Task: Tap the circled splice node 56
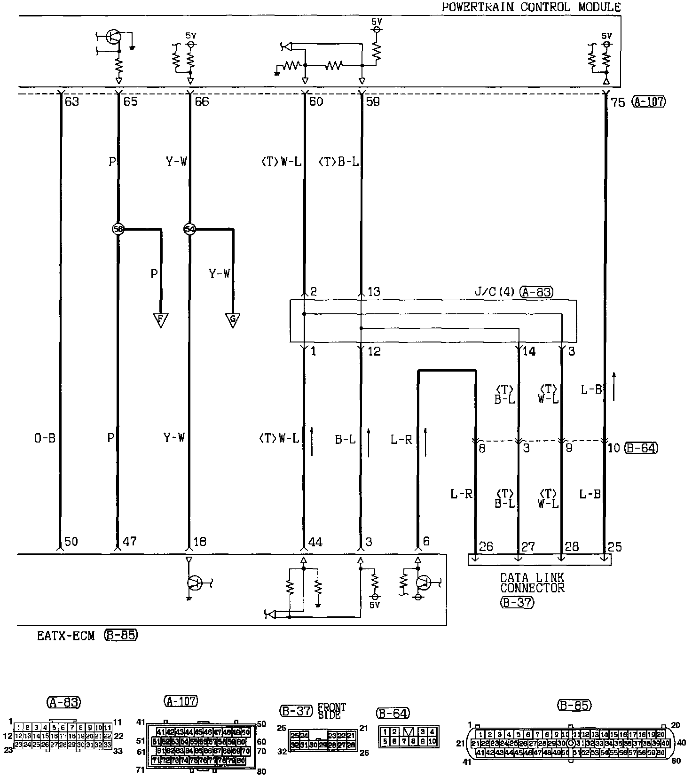pos(118,229)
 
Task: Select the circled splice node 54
pos(190,229)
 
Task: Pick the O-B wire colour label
pos(45,438)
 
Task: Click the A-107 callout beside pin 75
pos(649,101)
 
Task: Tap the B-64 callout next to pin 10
pos(641,448)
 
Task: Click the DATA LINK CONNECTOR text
pos(532,583)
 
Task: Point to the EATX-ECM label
pos(66,636)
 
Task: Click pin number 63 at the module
pos(72,101)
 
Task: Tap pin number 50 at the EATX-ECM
pos(71,542)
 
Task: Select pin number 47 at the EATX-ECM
pos(129,542)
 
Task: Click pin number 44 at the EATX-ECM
pos(315,542)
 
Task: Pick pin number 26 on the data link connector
pos(486,546)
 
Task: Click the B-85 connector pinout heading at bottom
pos(574,705)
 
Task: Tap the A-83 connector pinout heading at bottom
pos(64,702)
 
